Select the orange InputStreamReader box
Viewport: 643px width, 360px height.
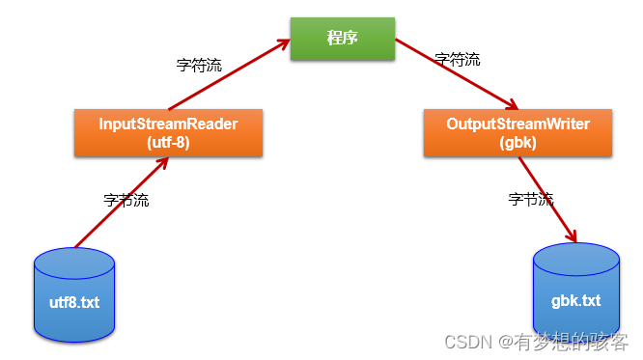pyautogui.click(x=168, y=133)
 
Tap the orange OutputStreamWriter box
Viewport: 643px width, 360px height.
pyautogui.click(x=517, y=133)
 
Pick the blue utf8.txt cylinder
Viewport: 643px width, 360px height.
pyautogui.click(x=74, y=294)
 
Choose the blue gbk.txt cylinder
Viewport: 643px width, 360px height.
pyautogui.click(x=575, y=291)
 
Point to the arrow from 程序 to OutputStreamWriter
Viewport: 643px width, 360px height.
pyautogui.click(x=456, y=74)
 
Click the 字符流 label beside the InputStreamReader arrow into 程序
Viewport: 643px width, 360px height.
pyautogui.click(x=200, y=67)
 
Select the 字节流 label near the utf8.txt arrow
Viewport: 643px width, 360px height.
pyautogui.click(x=126, y=201)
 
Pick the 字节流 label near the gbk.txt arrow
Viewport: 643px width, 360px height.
pyautogui.click(x=531, y=200)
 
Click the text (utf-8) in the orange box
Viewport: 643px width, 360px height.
pyautogui.click(x=168, y=142)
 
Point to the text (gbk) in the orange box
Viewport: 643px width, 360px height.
pyautogui.click(x=517, y=142)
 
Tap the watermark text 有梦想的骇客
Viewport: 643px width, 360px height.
pyautogui.click(x=571, y=341)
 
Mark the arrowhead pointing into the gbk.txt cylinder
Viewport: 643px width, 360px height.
pyautogui.click(x=573, y=236)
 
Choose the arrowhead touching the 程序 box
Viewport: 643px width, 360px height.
pyautogui.click(x=285, y=43)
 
